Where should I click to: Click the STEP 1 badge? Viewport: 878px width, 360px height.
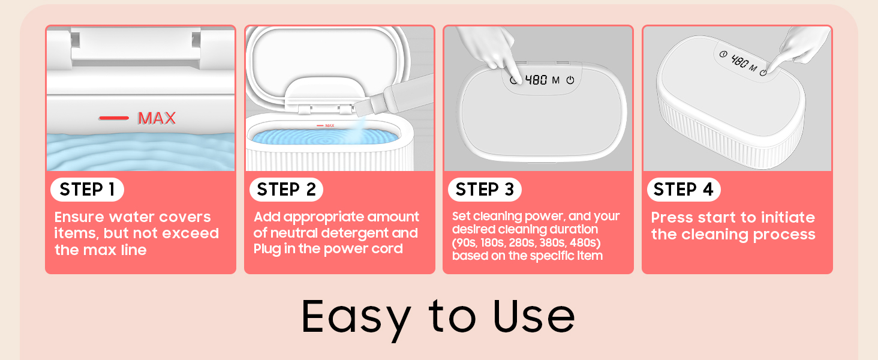click(x=87, y=190)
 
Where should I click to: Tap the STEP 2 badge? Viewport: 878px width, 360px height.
click(x=286, y=190)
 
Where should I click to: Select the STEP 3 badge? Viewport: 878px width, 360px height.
click(x=485, y=190)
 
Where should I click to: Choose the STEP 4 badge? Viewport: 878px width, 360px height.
click(x=684, y=190)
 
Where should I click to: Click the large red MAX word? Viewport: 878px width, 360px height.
click(x=157, y=118)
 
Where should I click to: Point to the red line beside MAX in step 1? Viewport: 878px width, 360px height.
click(x=114, y=118)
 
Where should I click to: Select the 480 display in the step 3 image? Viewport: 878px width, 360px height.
click(x=536, y=80)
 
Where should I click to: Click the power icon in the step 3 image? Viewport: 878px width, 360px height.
click(x=570, y=80)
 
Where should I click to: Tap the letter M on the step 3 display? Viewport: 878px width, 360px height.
click(x=556, y=80)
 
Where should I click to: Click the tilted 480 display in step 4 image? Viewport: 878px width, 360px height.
click(x=740, y=62)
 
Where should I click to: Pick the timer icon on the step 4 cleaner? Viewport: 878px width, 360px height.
click(x=723, y=54)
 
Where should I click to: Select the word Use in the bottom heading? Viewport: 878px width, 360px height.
click(x=534, y=316)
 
